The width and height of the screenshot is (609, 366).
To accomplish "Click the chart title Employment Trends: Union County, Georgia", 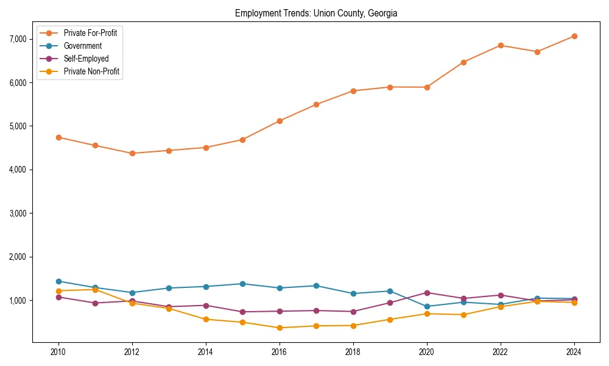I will coord(316,13).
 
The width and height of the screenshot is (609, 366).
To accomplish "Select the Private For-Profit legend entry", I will coord(90,33).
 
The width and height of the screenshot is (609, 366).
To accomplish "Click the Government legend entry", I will coord(82,46).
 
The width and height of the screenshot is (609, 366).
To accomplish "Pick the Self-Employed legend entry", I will coord(86,59).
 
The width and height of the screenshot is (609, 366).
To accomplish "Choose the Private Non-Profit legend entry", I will coord(91,71).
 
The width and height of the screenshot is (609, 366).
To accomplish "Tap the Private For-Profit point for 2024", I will coord(574,36).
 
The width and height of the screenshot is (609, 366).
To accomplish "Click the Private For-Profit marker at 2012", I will coord(132,153).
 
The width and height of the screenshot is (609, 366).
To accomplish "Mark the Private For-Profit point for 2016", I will coord(280,121).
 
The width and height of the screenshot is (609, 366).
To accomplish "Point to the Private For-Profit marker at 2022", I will coord(501,45).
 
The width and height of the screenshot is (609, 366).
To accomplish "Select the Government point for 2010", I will coord(58,281).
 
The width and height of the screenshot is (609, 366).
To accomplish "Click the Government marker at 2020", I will coord(427,306).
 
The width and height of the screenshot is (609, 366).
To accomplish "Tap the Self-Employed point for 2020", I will coord(427,293).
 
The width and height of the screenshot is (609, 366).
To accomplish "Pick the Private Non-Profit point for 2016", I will coord(280,328).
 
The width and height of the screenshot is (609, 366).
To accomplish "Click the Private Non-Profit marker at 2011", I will coord(95,290).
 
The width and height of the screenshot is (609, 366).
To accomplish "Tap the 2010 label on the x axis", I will coord(58,352).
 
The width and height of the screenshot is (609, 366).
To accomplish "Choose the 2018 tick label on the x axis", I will coord(353,352).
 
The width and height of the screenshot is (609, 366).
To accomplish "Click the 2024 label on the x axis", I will coord(574,352).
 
